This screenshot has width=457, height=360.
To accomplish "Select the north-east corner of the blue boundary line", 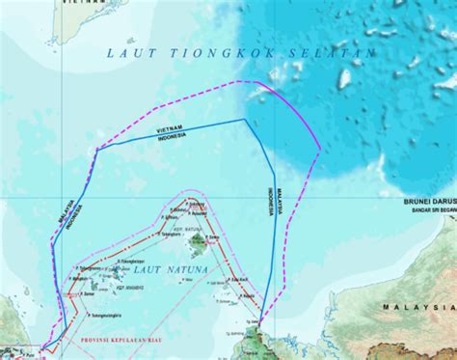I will tap(245, 120).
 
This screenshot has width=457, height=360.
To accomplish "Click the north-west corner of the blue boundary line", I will tap(95, 149).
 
